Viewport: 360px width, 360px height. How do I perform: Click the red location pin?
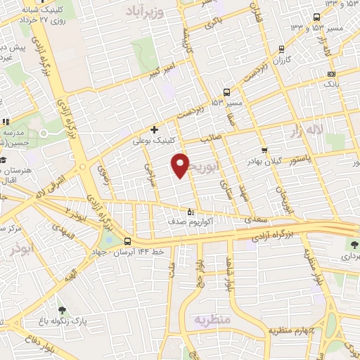181,165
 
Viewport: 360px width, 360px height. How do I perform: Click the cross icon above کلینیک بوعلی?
155,129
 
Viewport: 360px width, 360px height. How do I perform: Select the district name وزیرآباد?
145,11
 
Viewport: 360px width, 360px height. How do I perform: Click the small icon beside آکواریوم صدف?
190,212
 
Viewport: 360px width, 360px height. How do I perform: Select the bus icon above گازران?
281,49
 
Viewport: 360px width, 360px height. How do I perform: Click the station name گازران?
281,61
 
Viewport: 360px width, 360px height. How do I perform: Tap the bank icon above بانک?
331,74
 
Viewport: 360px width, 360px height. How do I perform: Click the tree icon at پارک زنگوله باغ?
62,309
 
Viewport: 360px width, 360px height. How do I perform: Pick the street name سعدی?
254,220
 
